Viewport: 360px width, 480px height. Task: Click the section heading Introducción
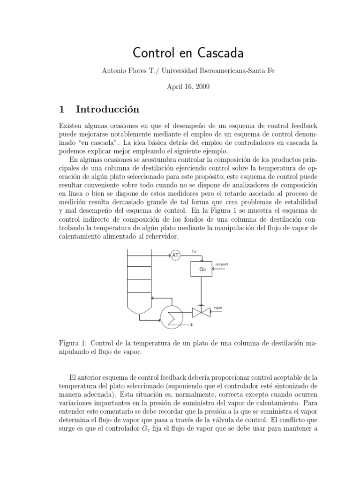(108, 109)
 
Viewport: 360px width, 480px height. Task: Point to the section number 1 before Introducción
(61, 109)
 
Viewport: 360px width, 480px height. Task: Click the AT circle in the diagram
(175, 255)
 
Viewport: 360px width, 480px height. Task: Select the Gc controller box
(202, 270)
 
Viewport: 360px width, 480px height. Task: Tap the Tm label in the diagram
(194, 252)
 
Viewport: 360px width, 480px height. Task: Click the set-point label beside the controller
(222, 265)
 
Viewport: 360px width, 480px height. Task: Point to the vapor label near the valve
(218, 308)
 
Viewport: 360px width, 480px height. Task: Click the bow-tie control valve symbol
(201, 313)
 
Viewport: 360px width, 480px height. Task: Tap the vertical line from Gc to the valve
(201, 291)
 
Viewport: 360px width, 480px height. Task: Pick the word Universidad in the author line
(180, 71)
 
